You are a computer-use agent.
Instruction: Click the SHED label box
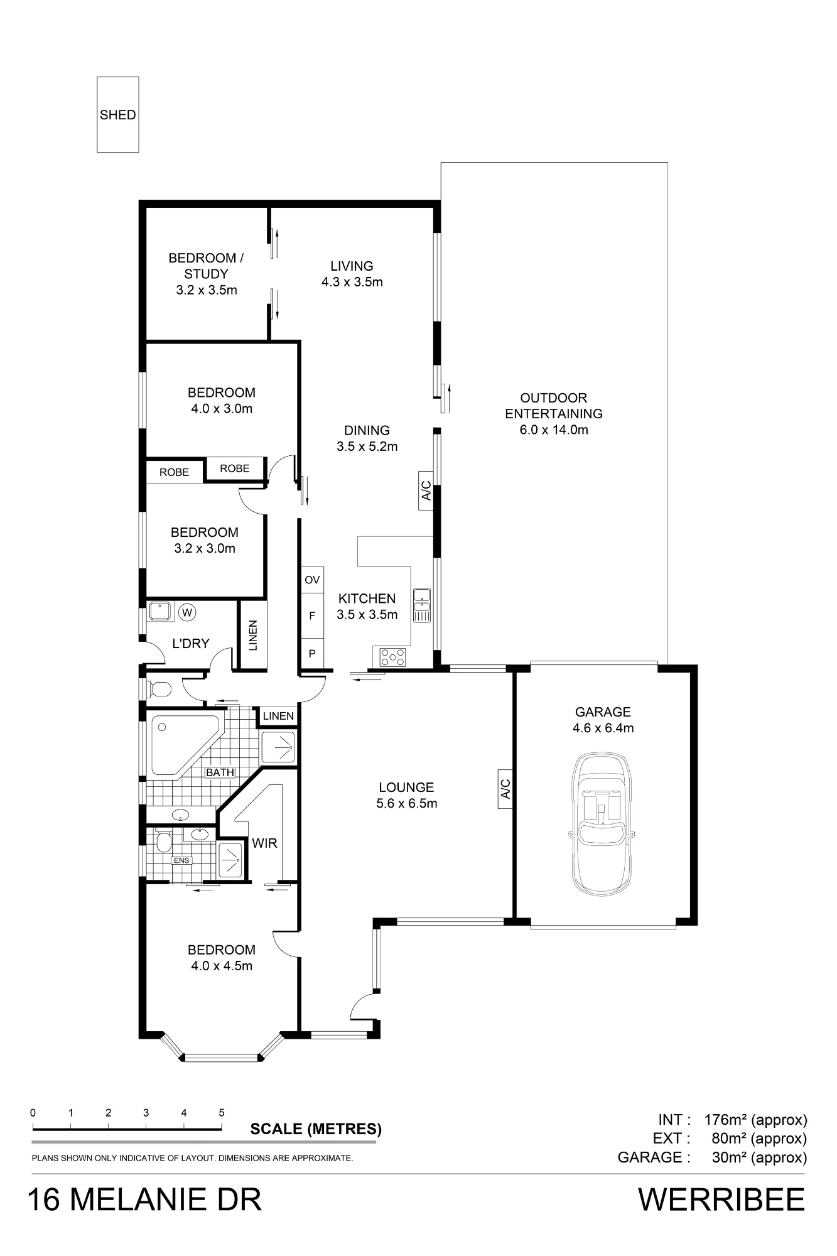117,114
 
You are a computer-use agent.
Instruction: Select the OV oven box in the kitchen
312,580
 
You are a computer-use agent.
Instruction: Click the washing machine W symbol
187,611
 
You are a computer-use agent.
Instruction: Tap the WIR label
264,843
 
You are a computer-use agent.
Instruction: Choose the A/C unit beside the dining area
426,490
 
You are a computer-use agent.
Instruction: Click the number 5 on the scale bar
222,1112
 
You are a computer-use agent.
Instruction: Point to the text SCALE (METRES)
316,1129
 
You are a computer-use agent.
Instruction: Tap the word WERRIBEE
721,1199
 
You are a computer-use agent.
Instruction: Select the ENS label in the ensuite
181,860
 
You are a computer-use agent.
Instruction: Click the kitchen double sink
421,605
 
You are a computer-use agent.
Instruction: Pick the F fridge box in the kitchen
312,616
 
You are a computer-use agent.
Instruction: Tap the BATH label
220,772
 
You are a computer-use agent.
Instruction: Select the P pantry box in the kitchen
312,654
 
